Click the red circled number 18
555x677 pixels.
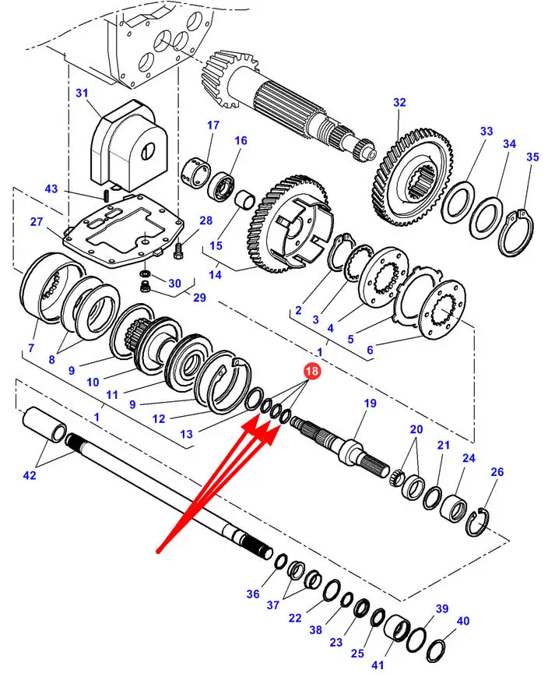[x=311, y=372]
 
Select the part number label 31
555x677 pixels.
[x=83, y=93]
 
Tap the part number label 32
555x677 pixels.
[x=399, y=102]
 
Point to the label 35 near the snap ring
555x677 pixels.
[x=532, y=157]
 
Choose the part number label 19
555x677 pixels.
[x=370, y=404]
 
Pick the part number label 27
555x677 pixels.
[x=37, y=222]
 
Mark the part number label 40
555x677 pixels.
[x=463, y=621]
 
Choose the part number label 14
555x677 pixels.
[x=214, y=274]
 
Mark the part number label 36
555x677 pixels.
[x=253, y=594]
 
